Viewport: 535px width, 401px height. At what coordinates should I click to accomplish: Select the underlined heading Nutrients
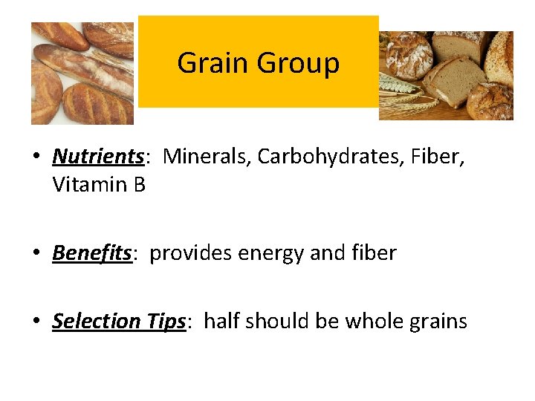tap(97, 156)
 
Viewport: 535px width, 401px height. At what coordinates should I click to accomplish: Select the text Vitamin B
tap(99, 184)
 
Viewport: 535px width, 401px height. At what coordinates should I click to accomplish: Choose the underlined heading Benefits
tap(91, 253)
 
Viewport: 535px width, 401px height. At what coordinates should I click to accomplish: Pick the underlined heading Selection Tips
tap(118, 322)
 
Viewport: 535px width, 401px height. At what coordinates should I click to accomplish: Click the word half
tap(221, 321)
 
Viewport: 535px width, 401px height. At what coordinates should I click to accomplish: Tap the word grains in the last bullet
tap(440, 322)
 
